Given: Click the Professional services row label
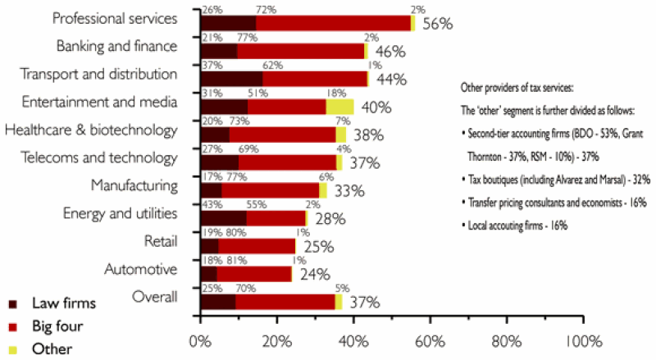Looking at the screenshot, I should click(x=114, y=17).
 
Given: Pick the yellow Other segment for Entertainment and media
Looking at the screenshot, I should click(x=339, y=107).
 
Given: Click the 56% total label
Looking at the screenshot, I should click(x=437, y=24).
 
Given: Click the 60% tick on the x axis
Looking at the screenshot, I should click(x=429, y=339).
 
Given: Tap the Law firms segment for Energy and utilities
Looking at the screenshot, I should click(x=223, y=218).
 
